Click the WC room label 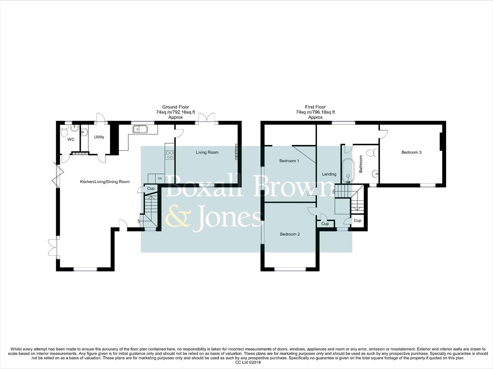pyautogui.click(x=71, y=139)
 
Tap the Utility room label pyautogui.click(x=99, y=137)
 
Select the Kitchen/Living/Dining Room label pyautogui.click(x=105, y=182)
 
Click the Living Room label pyautogui.click(x=207, y=152)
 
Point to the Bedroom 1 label pyautogui.click(x=289, y=161)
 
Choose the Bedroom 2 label pyautogui.click(x=290, y=234)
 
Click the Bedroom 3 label pyautogui.click(x=411, y=152)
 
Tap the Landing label pyautogui.click(x=329, y=174)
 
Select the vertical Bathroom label pyautogui.click(x=361, y=164)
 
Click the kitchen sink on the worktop pyautogui.click(x=140, y=129)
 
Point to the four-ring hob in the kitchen pyautogui.click(x=169, y=155)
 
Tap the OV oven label pyautogui.click(x=160, y=178)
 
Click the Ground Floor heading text pyautogui.click(x=176, y=107)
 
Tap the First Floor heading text pyautogui.click(x=315, y=107)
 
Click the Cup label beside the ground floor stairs pyautogui.click(x=151, y=189)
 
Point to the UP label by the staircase pyautogui.click(x=139, y=221)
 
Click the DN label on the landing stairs pyautogui.click(x=333, y=191)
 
